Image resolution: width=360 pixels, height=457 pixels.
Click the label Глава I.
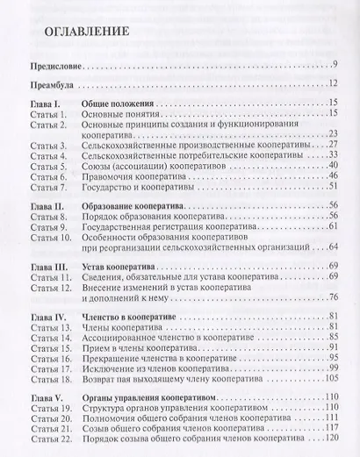(x=42, y=106)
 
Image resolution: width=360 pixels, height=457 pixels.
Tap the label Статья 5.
(x=44, y=164)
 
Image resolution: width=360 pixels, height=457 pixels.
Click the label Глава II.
(x=44, y=204)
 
